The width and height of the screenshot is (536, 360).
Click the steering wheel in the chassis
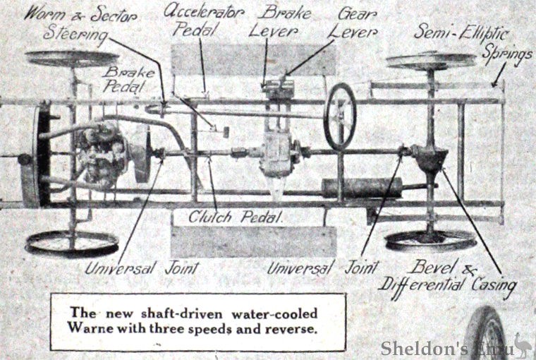point(339,116)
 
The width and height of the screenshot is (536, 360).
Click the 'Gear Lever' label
point(357,22)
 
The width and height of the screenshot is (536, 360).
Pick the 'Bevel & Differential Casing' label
point(447,276)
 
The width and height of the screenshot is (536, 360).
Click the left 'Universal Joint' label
point(140,268)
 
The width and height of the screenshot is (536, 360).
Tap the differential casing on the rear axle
point(430,157)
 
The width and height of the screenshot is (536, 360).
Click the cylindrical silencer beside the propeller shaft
point(362,187)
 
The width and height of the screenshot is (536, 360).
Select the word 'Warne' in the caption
point(86,330)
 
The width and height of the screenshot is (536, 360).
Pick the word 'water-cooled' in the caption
point(274,313)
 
